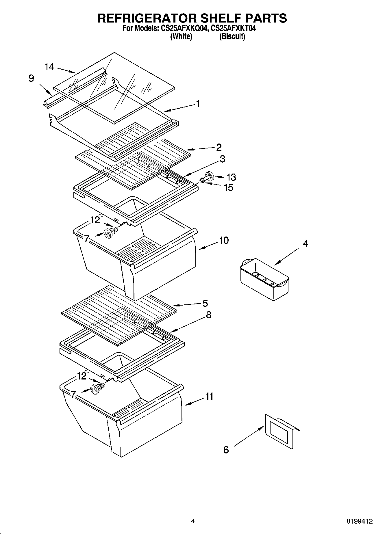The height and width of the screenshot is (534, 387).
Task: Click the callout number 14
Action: pos(49,67)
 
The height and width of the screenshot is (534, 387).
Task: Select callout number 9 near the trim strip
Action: pos(31,78)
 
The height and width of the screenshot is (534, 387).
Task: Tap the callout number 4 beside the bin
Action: pos(305,243)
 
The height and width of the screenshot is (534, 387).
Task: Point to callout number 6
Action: pos(226,450)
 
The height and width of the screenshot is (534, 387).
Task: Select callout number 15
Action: pos(228,187)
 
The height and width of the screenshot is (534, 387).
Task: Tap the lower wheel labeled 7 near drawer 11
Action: pos(95,390)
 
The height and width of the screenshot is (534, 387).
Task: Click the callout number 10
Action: pos(224,240)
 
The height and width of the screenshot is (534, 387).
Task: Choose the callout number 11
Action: pos(209,396)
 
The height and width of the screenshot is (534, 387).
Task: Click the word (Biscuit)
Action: pos(232,37)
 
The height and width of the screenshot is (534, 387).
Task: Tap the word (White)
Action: pos(181,37)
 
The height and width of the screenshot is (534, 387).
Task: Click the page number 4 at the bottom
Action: pos(193,521)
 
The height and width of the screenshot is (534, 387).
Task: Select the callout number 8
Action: pos(208,315)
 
